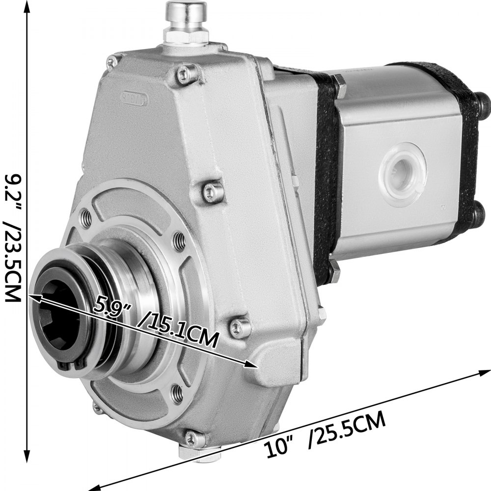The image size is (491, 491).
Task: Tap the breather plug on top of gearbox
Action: pos(186,20)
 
